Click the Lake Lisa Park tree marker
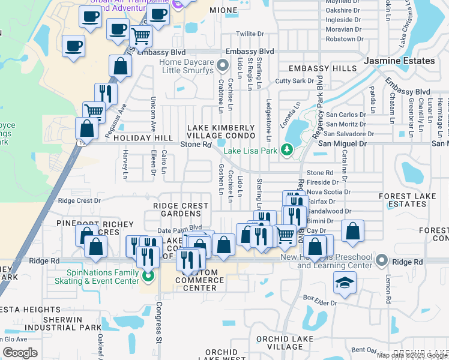tap(287, 149)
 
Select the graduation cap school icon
tap(345, 283)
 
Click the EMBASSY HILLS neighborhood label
tap(322, 68)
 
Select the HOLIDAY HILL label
tap(139, 138)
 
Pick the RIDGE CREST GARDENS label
tap(181, 210)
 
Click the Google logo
tap(20, 352)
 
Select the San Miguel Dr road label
tap(342, 144)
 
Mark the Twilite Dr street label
tap(250, 34)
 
